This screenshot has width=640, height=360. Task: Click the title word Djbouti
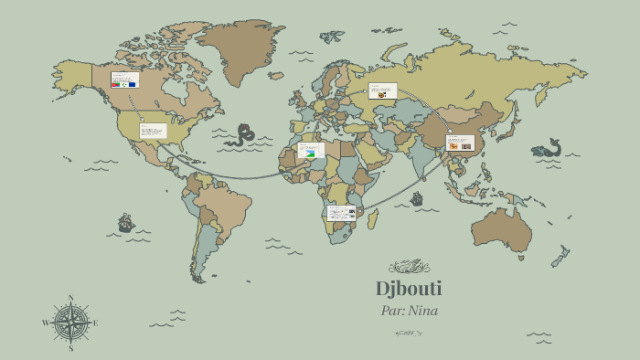point(409,289)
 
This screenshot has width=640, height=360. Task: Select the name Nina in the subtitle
point(422,311)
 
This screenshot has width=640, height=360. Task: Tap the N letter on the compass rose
point(70,298)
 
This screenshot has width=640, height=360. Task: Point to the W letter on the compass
point(45,323)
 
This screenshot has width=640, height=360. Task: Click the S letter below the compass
point(70,348)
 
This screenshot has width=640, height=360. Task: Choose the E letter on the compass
point(95,323)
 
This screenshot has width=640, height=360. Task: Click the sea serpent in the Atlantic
point(240,135)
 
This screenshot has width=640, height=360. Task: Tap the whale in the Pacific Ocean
point(547,149)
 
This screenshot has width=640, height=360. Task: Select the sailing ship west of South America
point(126,223)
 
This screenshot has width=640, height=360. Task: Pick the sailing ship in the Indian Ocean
point(417,198)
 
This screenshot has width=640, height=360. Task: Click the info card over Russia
point(382,90)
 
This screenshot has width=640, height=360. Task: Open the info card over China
point(459,143)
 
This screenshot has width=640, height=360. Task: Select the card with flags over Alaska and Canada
point(124,79)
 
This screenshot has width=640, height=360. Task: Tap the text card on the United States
point(153,131)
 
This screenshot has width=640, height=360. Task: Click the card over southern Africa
point(341,213)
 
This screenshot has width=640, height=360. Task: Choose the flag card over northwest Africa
point(311,150)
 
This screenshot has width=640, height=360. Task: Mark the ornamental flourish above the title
point(409,267)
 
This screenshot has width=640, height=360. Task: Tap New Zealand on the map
point(559,256)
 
